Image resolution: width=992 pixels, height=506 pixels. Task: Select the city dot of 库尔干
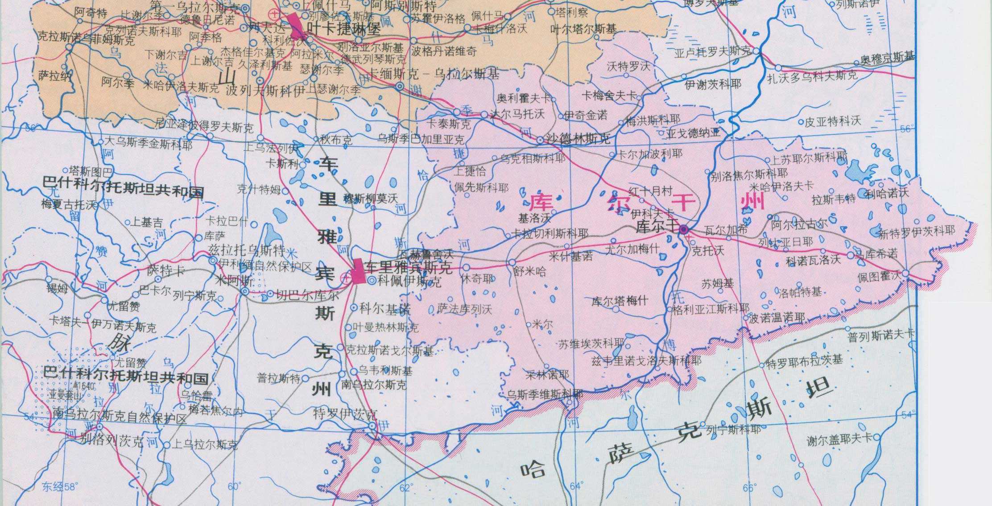pos(683,230)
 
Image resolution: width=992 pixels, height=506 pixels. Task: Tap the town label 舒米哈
pos(529,271)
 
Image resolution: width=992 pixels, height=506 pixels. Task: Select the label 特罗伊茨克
pos(346,414)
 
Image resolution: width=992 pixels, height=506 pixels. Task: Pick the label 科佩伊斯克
pos(409,282)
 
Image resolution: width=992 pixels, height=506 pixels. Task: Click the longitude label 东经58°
pos(59,486)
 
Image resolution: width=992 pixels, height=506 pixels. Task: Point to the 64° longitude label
pos(576,486)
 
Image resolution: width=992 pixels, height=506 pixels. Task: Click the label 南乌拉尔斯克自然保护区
pos(119,418)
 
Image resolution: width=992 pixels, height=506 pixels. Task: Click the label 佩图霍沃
pos(879,277)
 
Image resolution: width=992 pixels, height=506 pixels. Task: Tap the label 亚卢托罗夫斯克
pos(712,52)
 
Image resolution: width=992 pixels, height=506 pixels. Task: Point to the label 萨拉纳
pos(54,76)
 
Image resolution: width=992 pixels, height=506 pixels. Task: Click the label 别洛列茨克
pos(112,441)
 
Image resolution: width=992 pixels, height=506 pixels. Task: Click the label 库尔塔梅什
pos(620,301)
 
